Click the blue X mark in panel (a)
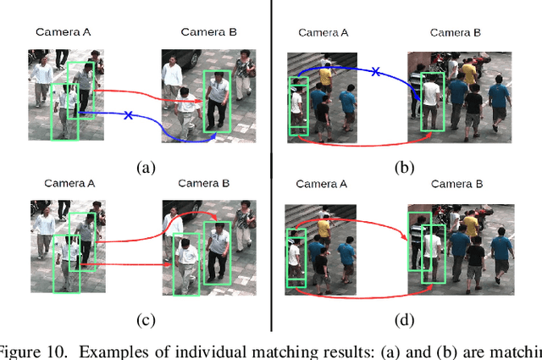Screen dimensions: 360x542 coord(128,114)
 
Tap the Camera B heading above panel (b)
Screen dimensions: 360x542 coord(456,32)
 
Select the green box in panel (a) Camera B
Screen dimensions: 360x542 coord(216,101)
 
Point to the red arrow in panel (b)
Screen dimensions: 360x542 coord(364,145)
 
